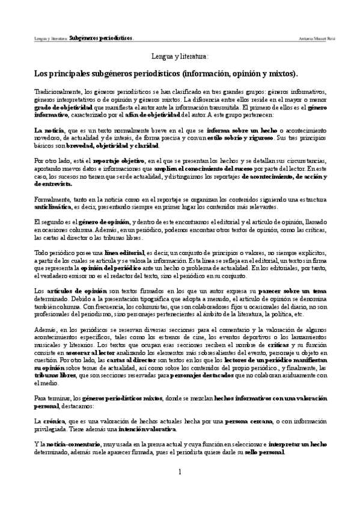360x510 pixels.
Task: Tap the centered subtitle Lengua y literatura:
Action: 180,57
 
